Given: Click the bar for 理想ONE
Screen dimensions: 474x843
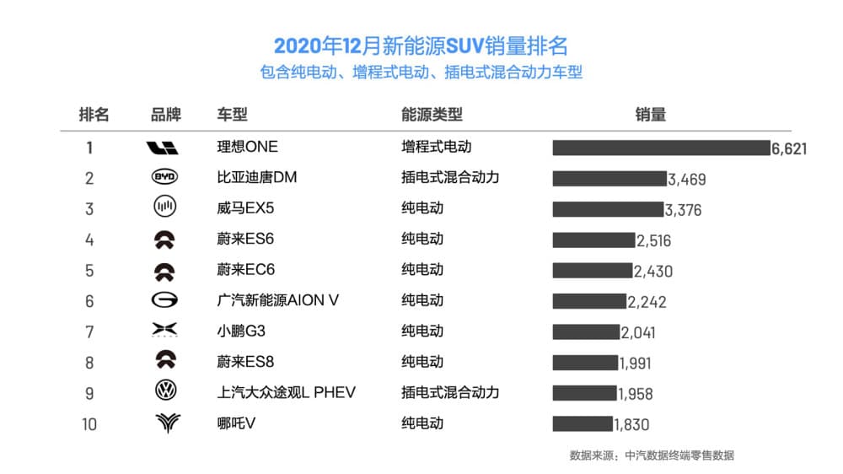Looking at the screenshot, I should coord(661,148).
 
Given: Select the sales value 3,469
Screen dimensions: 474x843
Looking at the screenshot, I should coord(686,180).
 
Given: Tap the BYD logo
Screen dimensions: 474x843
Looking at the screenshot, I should coord(165,178).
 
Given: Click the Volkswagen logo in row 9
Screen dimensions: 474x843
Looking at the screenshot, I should coord(165,392).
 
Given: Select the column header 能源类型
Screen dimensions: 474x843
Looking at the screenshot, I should coord(432,115).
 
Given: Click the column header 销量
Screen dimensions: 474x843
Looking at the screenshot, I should coord(650,115).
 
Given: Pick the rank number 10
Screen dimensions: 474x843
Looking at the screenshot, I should coord(89,424).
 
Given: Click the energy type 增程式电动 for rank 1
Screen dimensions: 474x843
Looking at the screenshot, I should coord(436,148).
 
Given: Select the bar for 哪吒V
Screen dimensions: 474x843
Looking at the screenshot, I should coord(583,423).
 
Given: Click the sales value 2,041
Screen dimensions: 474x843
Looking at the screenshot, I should coord(638,332).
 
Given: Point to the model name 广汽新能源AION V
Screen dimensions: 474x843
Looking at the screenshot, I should coord(277,301).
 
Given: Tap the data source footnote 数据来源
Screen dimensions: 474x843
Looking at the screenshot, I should coord(651,455).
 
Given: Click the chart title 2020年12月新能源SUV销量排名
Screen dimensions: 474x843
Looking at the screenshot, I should coord(421,46).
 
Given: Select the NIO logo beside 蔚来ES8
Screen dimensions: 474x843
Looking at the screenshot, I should coord(165,362).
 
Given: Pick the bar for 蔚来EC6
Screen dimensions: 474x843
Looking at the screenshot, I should coord(592,271).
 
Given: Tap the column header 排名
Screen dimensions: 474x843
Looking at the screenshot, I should coord(94,115).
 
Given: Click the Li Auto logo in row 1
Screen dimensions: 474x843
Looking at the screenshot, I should coord(163,148).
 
